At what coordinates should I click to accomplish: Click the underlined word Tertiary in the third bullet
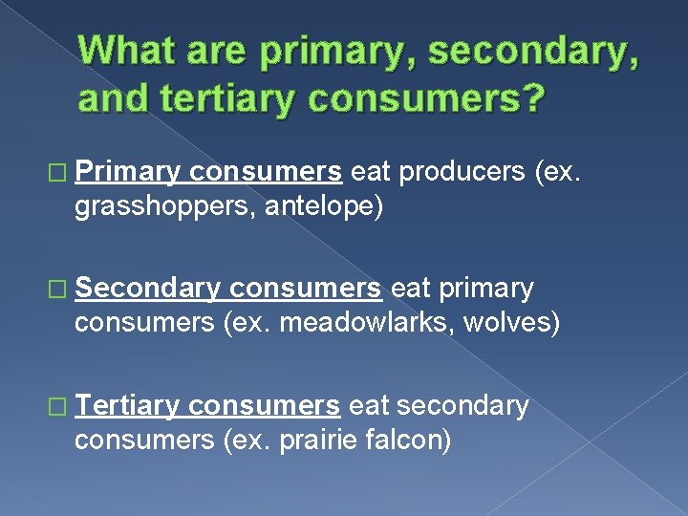[x=127, y=406]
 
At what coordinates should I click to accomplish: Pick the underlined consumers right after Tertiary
[x=264, y=406]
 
